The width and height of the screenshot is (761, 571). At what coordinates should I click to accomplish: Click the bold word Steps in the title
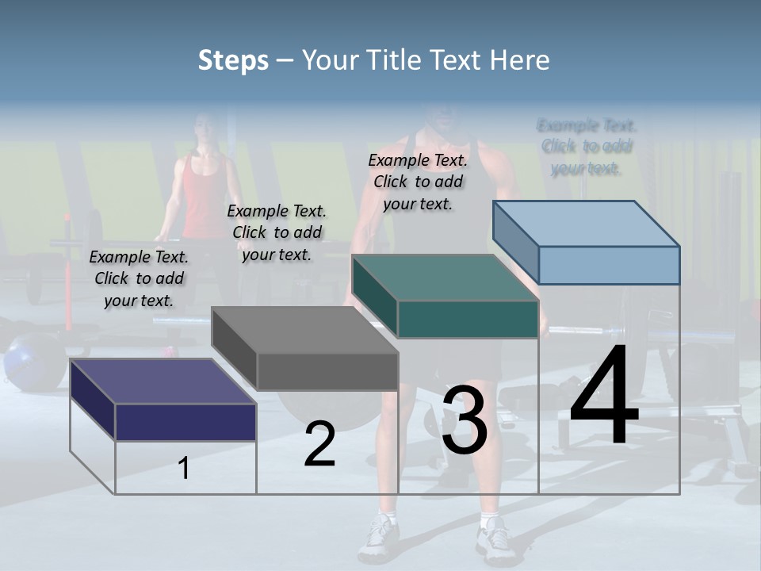(233, 60)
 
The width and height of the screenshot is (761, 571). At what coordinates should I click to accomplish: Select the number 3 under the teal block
(465, 420)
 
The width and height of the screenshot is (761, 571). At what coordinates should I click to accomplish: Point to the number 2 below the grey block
(319, 444)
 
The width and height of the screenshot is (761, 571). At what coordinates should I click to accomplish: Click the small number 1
(184, 468)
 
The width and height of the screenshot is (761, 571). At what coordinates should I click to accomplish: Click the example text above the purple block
(139, 278)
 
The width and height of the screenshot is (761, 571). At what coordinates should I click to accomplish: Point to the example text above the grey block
(277, 232)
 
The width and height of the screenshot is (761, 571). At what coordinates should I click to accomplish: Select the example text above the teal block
(418, 182)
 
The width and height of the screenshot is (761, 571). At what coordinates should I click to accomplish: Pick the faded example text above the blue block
(587, 147)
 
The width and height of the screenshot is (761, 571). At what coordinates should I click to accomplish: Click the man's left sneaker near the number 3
(378, 539)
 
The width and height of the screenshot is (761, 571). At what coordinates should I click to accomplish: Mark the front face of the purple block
(185, 422)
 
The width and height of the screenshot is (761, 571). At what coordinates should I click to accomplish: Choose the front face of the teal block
(468, 320)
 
